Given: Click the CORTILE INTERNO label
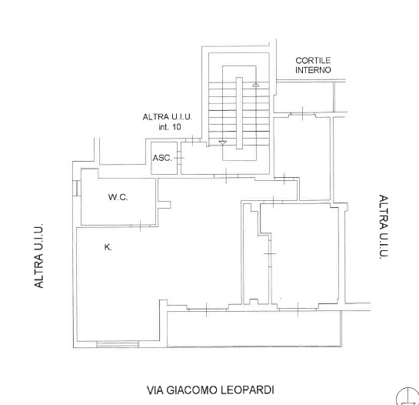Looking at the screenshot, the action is click(313, 65).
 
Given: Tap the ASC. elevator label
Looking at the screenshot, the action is click(162, 158).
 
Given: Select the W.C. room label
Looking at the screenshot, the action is click(118, 197).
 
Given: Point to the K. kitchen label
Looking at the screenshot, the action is click(108, 247).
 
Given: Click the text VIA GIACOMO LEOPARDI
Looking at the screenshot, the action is click(211, 390).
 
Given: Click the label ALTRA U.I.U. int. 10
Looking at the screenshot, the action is click(168, 122).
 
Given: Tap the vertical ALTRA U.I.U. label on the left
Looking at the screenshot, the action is click(38, 256).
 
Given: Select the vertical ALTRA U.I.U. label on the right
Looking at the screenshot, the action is click(384, 226).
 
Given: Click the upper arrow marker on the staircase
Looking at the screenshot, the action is click(256, 85).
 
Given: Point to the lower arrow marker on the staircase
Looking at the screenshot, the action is click(223, 142).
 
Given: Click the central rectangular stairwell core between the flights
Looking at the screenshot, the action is click(239, 113).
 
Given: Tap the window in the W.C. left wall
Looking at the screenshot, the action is click(76, 188).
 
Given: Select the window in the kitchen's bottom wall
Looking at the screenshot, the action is click(118, 344).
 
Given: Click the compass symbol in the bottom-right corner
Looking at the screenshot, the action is click(407, 397).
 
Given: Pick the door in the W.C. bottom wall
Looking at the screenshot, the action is click(141, 226).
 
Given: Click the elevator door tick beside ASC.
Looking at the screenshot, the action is click(179, 158).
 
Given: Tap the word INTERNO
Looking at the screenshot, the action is click(313, 70).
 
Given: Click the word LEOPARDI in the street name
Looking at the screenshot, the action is click(248, 390).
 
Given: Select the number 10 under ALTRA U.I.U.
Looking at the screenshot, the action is click(176, 126).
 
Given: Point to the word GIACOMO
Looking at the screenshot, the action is click(191, 390).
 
